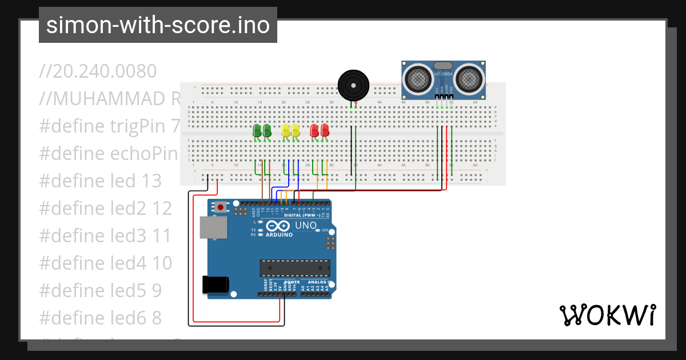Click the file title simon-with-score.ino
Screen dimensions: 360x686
coord(158,25)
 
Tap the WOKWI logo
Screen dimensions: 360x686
coord(607,315)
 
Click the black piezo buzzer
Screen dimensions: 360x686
coord(353,85)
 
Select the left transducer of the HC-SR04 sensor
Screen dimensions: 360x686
coord(419,78)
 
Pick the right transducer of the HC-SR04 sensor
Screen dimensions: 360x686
coord(469,78)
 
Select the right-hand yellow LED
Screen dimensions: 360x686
coord(296,131)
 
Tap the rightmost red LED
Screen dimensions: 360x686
coord(325,131)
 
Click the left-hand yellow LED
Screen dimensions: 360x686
coord(286,131)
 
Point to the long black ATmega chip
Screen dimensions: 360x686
coord(295,268)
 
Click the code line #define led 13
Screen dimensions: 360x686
coord(101,181)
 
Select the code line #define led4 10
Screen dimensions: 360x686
coord(105,263)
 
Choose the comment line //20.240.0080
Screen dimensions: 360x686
coord(98,71)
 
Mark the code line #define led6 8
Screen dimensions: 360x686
coord(101,317)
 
